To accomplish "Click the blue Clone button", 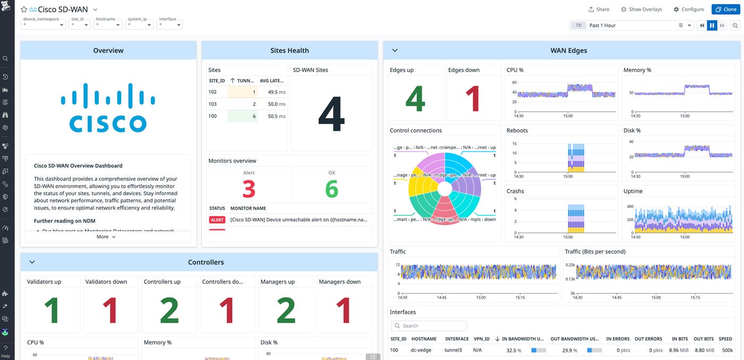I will (x=724, y=9).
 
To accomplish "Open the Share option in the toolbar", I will (x=598, y=9).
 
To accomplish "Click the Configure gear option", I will (x=688, y=9).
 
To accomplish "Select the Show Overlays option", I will (x=641, y=9).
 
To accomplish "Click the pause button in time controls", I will (x=712, y=25).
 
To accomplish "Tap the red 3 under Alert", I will (x=249, y=189).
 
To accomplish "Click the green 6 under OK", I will (x=332, y=189).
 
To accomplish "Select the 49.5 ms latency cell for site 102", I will (x=272, y=92).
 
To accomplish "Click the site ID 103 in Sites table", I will (x=213, y=104).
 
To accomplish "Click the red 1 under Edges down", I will (x=472, y=99).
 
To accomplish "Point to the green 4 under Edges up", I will (x=415, y=99).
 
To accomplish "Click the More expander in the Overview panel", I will (x=106, y=237).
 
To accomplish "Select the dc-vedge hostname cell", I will (x=421, y=350).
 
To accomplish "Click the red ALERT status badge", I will (x=217, y=220).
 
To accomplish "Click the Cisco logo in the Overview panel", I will (x=108, y=107).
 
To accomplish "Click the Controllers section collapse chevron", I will (x=32, y=262).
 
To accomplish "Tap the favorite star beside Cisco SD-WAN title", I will (x=24, y=10).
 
